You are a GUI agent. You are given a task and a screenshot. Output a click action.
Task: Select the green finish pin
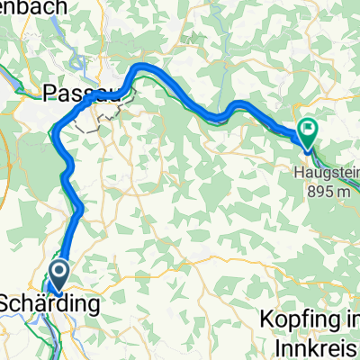310,132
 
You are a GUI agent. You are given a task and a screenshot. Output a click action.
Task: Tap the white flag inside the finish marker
310,131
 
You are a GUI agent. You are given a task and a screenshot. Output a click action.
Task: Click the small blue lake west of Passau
13,90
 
